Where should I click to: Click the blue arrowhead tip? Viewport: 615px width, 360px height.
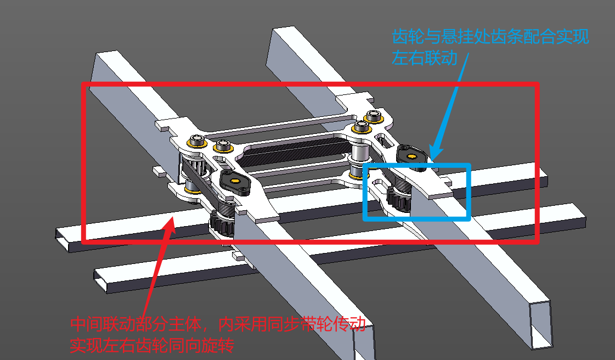pyautogui.click(x=431, y=160)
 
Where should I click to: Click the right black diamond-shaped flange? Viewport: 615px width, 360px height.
pyautogui.click(x=411, y=156)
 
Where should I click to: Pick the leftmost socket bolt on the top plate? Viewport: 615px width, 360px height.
pyautogui.click(x=197, y=140)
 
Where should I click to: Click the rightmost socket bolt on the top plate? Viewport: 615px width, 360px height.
pyautogui.click(x=373, y=116)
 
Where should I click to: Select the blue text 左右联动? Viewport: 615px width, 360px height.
pyautogui.click(x=425, y=57)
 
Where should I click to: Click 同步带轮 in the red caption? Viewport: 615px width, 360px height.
pyautogui.click(x=299, y=324)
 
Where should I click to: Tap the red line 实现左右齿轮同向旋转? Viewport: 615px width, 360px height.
pyautogui.click(x=152, y=346)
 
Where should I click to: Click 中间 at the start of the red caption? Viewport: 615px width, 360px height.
pyautogui.click(x=86, y=324)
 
